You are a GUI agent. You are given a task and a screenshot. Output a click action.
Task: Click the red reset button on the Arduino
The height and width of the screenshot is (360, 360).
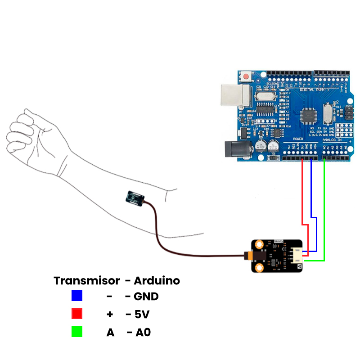[246, 77]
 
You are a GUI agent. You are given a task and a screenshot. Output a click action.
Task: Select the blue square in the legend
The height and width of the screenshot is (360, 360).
[77, 296]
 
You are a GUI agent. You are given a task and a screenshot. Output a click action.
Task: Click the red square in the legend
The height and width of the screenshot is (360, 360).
[77, 314]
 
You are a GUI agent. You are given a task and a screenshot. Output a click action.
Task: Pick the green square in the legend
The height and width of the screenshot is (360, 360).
[77, 332]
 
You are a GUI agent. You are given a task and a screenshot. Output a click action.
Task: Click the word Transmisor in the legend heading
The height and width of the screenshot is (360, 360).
[87, 281]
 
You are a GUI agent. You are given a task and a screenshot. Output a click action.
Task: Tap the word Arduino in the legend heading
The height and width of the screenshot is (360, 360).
[157, 281]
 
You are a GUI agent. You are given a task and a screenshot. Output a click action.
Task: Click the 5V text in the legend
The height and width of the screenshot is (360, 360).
[142, 314]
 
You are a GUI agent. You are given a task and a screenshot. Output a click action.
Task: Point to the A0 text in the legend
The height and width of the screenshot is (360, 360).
[143, 333]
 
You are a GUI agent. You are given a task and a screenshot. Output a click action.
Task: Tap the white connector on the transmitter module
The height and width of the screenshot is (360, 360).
[297, 255]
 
